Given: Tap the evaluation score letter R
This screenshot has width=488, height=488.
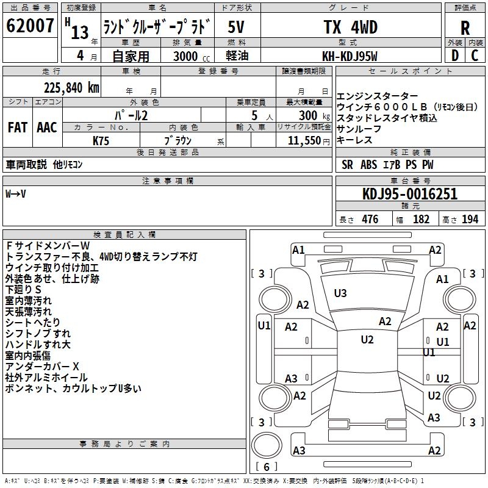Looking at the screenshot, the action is [x=465, y=28].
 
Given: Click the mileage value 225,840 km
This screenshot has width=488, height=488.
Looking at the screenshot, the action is [x=71, y=87].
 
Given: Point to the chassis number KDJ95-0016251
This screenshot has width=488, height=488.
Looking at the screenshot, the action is [x=409, y=194].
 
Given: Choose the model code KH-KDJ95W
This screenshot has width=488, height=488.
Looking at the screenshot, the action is [x=350, y=56].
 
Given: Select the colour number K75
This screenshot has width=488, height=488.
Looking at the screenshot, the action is [x=101, y=140].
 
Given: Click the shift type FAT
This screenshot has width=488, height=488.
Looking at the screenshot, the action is [x=17, y=127].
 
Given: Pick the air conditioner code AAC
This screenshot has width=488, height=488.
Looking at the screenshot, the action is [x=47, y=127].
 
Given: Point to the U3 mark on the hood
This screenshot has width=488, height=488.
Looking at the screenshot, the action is [x=340, y=293].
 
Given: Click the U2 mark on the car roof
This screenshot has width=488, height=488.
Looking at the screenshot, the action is [x=367, y=340].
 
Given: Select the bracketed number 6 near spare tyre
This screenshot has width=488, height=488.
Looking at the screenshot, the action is [x=266, y=467].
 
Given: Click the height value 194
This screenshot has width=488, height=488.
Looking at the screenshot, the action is [x=470, y=220].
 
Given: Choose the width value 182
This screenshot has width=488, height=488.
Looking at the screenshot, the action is [x=421, y=220].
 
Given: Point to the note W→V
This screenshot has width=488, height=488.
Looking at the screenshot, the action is [x=16, y=194].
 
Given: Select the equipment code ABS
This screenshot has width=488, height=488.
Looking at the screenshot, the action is [x=369, y=165].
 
